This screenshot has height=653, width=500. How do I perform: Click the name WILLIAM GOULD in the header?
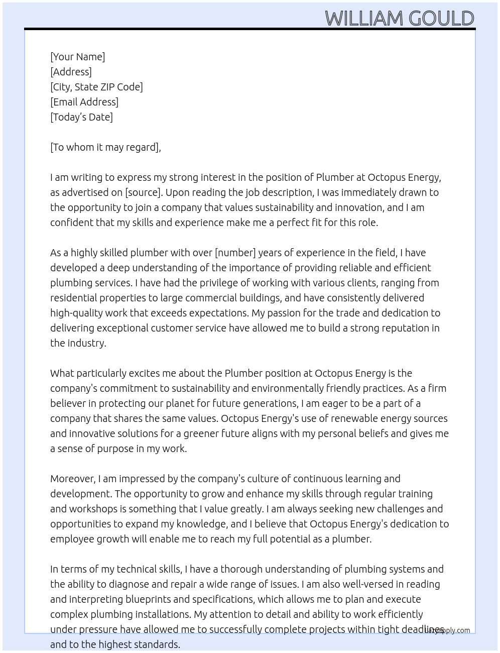(x=399, y=19)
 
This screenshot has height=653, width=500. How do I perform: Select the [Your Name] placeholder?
(x=77, y=57)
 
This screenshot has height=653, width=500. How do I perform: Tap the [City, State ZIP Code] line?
(x=96, y=87)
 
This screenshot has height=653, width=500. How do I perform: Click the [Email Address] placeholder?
(x=84, y=102)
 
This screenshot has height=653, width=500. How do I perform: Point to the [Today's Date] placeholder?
(x=81, y=117)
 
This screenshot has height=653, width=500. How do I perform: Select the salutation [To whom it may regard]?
(x=105, y=147)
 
